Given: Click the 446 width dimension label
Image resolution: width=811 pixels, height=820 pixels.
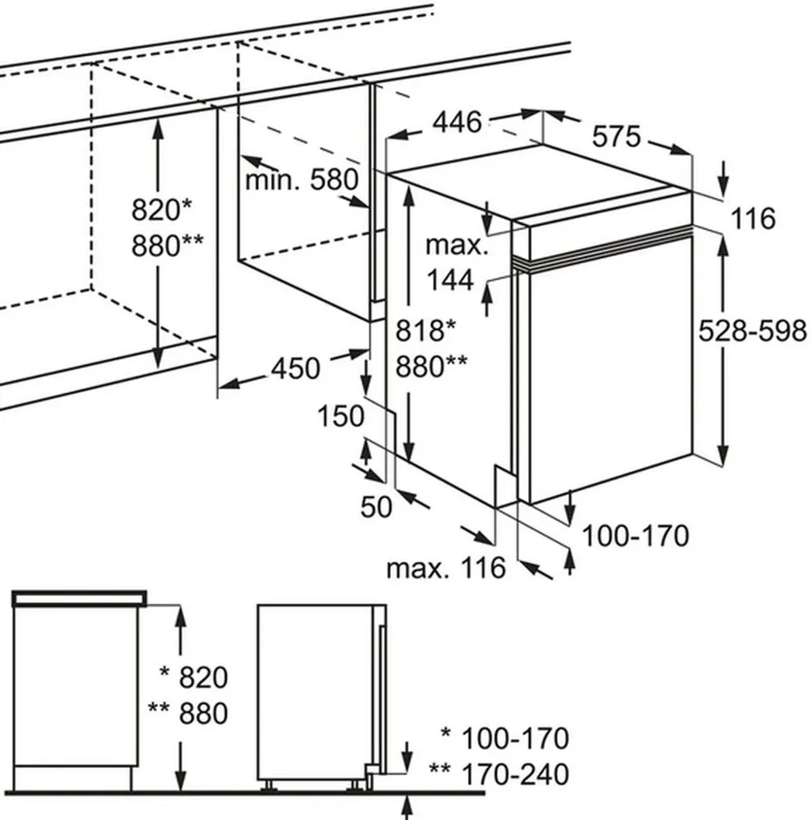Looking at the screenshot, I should coord(458,123).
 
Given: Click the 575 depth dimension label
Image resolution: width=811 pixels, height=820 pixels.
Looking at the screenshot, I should coord(616,137).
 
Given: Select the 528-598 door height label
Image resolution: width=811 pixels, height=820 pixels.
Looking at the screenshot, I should coord(752,330).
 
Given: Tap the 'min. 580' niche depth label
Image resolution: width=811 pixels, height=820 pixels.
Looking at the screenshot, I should coord(301,179).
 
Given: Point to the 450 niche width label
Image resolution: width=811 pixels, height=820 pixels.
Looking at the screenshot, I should coord(295,368).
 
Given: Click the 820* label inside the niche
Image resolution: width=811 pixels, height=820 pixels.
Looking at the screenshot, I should coord(162,211).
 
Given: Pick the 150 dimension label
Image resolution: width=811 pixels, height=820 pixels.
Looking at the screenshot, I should coord(341,416).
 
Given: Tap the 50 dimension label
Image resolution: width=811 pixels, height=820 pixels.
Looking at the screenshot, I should coord(377,507).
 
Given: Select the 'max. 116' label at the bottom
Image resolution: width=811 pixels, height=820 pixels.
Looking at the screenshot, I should coord(446,569).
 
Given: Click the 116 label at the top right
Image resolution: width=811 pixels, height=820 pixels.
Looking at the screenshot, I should coord(752,218).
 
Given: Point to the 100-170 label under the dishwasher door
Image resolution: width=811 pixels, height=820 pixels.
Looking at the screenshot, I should coord(635,536).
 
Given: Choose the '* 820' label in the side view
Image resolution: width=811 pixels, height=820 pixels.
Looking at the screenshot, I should coord(193,677).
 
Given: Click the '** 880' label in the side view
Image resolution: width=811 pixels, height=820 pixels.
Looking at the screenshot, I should coord(188,713).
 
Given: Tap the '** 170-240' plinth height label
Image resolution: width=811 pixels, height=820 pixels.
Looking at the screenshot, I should coord(499,774).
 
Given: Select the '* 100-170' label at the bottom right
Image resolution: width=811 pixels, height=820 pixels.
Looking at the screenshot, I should coord(505,738).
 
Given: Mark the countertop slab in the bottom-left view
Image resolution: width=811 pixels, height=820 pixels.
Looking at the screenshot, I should coord(81,597).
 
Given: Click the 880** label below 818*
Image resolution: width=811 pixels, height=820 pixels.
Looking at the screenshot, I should coord(431,366).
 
